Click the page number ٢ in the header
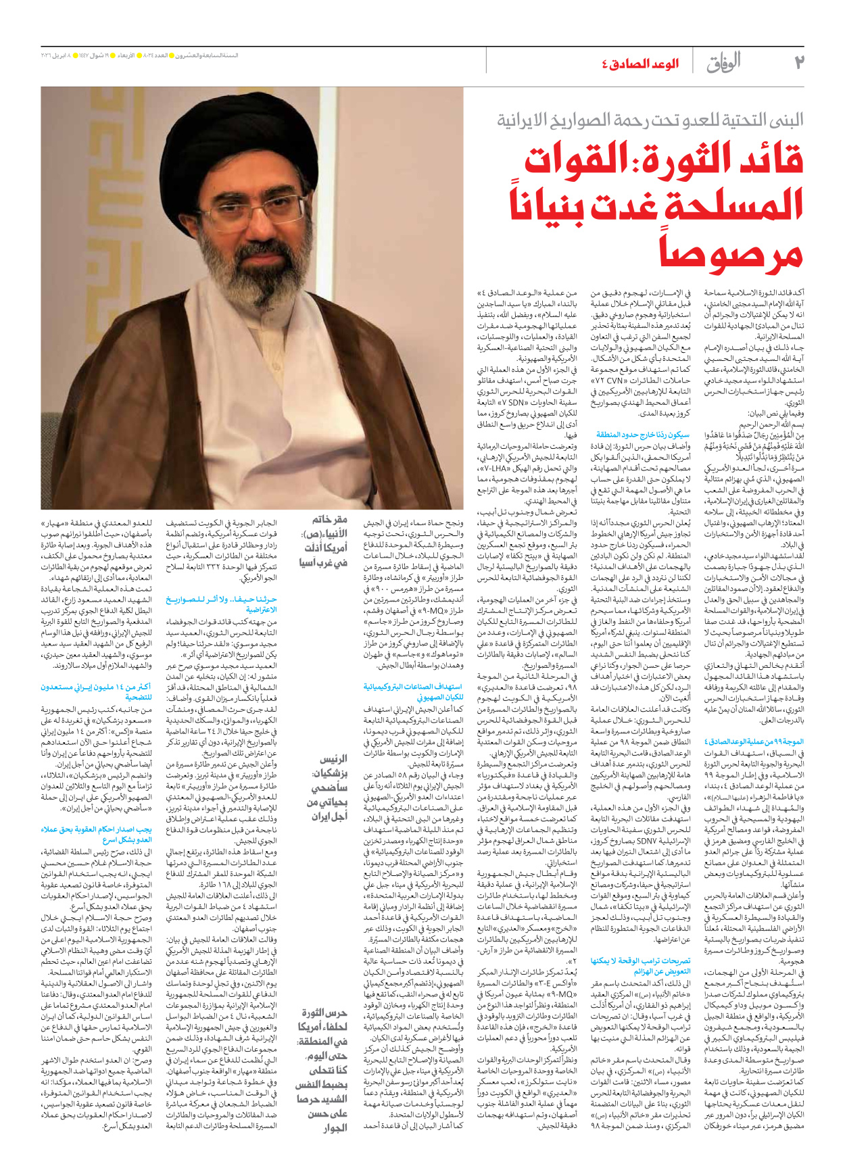(x=798, y=62)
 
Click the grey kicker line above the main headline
(x=650, y=120)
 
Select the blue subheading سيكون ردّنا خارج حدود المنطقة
(x=642, y=435)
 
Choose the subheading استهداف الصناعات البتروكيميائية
(x=413, y=691)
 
